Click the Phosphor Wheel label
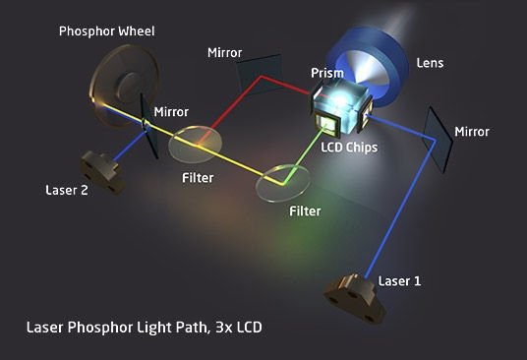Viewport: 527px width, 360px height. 106,30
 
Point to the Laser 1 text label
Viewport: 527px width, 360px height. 400,281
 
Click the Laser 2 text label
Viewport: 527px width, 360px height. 68,190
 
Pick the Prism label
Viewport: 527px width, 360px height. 326,73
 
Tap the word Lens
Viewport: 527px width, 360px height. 430,63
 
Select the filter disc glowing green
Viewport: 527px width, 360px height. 283,180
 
